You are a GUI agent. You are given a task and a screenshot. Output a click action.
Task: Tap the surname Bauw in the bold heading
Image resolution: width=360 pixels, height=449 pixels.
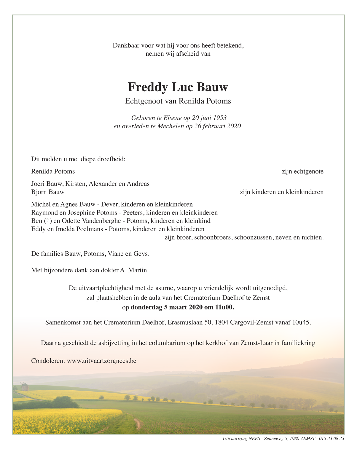click(x=213, y=87)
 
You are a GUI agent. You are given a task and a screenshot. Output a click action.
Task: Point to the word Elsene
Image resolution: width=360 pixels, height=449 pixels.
click(x=171, y=118)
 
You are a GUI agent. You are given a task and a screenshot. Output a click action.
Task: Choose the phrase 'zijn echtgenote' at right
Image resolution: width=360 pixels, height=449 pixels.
click(x=302, y=171)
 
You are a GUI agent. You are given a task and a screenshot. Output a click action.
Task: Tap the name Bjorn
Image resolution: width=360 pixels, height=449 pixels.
click(x=39, y=192)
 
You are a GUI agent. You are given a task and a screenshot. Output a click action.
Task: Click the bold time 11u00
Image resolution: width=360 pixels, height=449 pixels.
click(x=224, y=307)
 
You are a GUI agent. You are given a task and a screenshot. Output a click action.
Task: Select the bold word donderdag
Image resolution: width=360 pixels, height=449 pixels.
click(x=146, y=307)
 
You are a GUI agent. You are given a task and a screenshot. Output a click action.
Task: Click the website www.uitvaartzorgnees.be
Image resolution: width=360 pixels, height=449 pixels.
click(x=101, y=361)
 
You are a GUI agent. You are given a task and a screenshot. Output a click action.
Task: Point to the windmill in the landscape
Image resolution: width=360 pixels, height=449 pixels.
click(x=24, y=386)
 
